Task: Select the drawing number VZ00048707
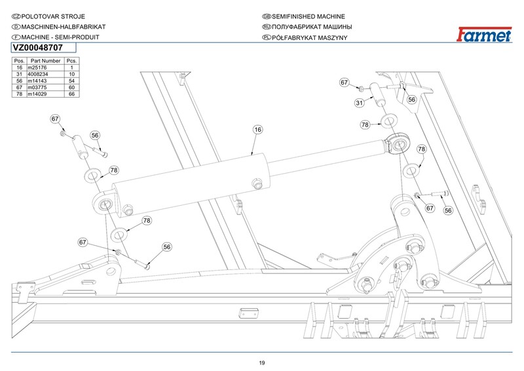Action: (x=38, y=48)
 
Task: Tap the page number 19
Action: (x=262, y=362)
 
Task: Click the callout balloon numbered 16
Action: (x=257, y=130)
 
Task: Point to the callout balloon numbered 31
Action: (x=359, y=103)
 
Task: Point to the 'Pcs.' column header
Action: (x=71, y=60)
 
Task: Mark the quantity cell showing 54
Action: (x=71, y=81)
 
